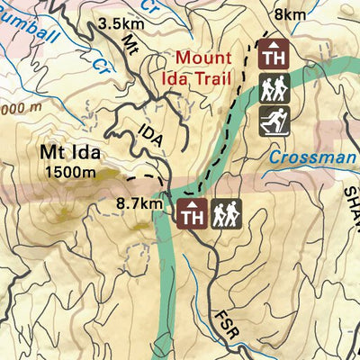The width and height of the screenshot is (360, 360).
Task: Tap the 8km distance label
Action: click(289, 15)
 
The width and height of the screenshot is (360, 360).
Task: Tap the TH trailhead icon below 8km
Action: click(273, 56)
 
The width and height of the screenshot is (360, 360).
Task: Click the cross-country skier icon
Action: click(273, 121)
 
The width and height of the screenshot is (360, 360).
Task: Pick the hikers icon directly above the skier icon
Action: click(273, 88)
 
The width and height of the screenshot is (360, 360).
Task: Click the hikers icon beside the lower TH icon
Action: click(226, 214)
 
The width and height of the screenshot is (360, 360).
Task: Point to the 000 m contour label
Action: click(17, 108)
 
